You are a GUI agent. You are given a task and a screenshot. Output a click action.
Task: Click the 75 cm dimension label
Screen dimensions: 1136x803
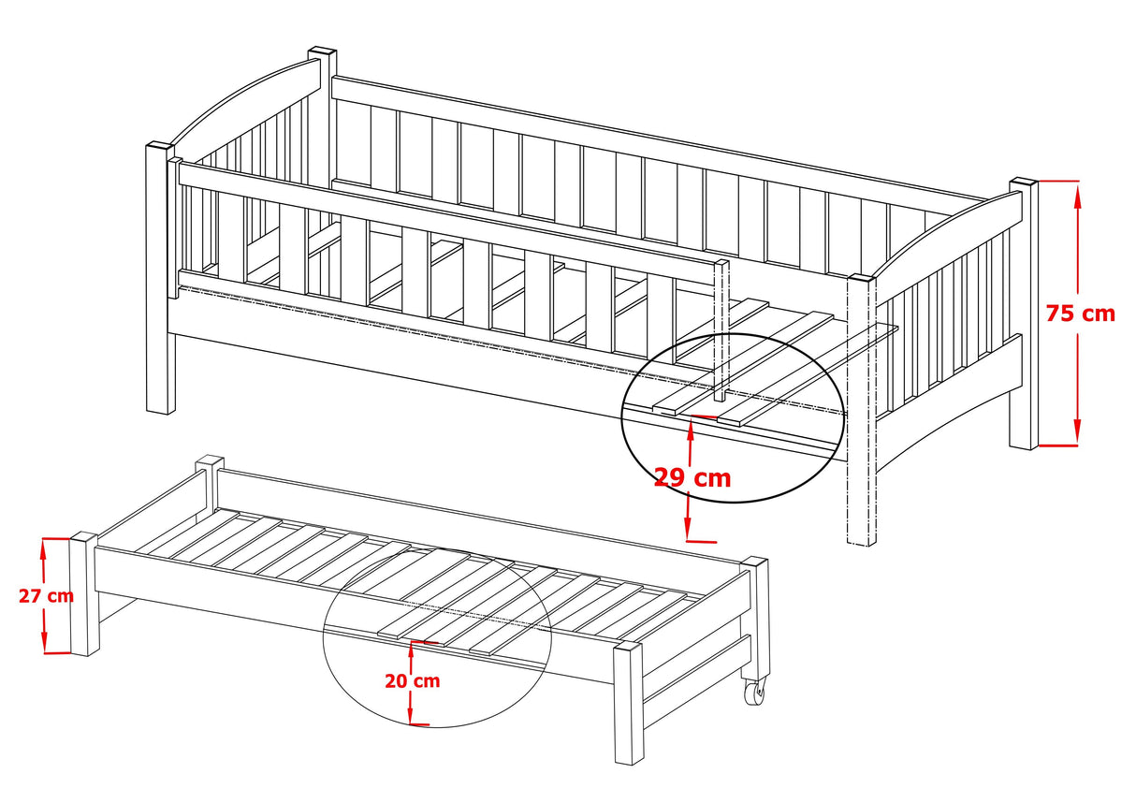click(x=1081, y=314)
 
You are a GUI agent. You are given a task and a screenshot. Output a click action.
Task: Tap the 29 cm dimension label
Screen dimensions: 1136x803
click(x=692, y=478)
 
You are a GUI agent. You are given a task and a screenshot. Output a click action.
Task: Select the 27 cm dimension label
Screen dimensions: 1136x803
click(x=46, y=595)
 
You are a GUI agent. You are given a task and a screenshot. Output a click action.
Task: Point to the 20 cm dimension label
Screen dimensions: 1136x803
click(x=413, y=680)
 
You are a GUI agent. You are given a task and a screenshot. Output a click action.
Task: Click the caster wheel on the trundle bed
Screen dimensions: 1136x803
click(x=754, y=692)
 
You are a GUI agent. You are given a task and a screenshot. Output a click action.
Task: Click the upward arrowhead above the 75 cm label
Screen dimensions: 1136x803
click(x=1077, y=197)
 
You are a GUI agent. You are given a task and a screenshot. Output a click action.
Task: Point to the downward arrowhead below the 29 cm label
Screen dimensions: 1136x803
click(x=688, y=528)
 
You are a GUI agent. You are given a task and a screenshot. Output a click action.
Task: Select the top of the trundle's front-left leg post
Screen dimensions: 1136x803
click(x=83, y=536)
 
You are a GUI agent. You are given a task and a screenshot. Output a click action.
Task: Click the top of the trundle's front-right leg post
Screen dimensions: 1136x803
click(x=628, y=648)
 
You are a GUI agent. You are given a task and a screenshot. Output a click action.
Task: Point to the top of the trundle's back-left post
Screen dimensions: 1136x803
click(x=210, y=460)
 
